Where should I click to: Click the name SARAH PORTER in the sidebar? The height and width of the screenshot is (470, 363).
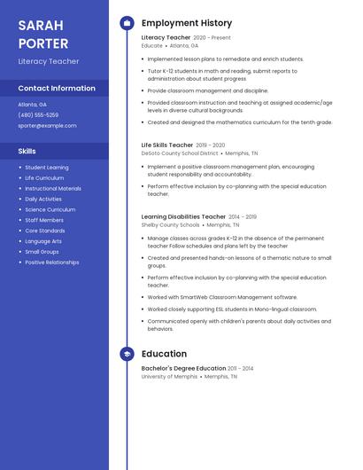[43, 34]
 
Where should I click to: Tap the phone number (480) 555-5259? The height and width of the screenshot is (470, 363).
[38, 115]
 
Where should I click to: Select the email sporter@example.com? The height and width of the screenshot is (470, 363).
[47, 126]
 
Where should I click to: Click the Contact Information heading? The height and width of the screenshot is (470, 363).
[57, 89]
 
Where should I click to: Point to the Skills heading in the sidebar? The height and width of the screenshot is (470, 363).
[27, 152]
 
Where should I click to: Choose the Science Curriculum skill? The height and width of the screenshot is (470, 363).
[50, 209]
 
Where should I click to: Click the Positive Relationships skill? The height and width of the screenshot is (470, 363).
[51, 262]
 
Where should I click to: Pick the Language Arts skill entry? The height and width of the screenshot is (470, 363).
[43, 241]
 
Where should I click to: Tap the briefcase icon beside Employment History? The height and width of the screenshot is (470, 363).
[127, 23]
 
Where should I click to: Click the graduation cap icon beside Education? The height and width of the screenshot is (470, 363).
[127, 354]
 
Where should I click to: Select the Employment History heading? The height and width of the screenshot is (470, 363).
[187, 23]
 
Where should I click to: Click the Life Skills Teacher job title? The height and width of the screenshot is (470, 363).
[167, 145]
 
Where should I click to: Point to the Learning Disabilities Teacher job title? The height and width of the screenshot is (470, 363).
[183, 216]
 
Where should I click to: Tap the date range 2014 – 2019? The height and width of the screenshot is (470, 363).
[243, 216]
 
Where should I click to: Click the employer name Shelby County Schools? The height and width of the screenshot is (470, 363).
[171, 225]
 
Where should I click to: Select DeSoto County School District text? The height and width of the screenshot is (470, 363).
[180, 153]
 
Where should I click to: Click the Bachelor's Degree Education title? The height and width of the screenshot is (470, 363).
[183, 368]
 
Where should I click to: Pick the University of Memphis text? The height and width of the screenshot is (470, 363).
[169, 377]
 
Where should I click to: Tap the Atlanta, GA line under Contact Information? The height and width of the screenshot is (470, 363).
[32, 105]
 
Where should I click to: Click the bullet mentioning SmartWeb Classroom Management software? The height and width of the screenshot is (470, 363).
[222, 297]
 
